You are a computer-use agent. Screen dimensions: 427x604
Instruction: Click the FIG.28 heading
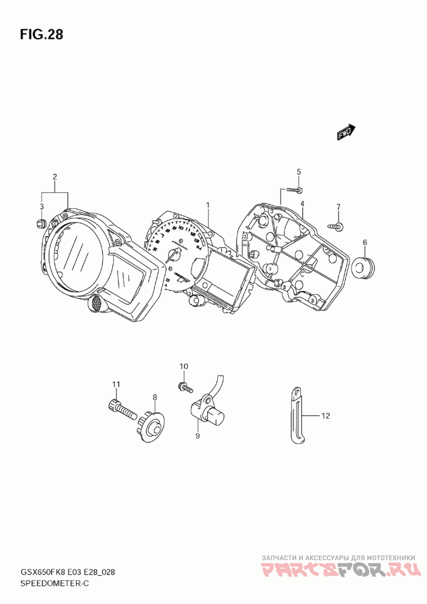click(x=42, y=35)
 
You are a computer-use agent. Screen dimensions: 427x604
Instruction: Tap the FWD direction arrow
click(x=345, y=132)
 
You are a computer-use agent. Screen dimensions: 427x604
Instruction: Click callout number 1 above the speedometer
click(x=208, y=205)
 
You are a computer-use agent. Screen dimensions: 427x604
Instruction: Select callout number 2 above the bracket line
click(x=54, y=177)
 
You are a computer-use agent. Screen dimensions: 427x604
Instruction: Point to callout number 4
click(x=302, y=203)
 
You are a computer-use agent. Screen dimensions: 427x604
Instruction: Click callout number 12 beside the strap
click(x=326, y=415)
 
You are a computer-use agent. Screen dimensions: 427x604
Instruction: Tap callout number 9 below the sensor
click(x=197, y=436)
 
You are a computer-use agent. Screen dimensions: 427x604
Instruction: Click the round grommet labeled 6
click(x=365, y=264)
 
